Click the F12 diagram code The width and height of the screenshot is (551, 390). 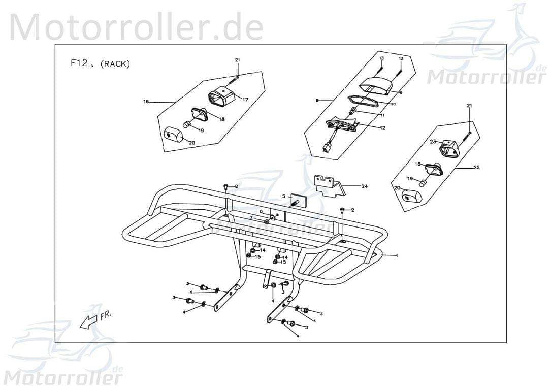pos(79,63)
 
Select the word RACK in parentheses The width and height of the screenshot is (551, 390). pos(115,64)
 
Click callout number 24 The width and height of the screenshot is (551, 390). pos(364,186)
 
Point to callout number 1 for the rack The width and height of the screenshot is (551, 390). pos(397,256)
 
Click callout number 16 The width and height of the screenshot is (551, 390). pos(146,102)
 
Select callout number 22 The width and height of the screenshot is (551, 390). pos(476,167)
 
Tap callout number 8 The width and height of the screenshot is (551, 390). pos(317,101)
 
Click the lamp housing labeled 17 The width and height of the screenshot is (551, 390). pos(221,96)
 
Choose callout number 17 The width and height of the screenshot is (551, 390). pos(245,100)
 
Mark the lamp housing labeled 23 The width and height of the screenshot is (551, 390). pos(450,148)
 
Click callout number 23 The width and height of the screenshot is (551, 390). pos(433,142)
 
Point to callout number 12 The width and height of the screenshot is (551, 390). pos(382,128)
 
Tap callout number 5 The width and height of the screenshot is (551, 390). pos(284,196)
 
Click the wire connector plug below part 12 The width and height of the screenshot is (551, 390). pos(327,148)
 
